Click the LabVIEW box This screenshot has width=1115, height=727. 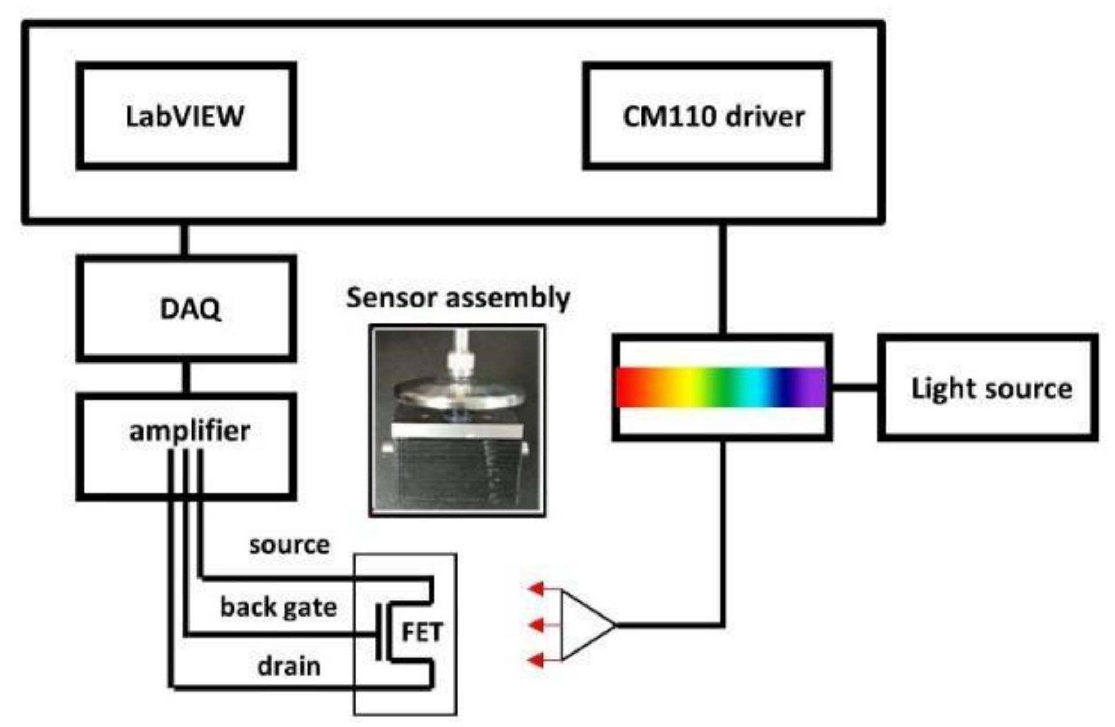(x=186, y=116)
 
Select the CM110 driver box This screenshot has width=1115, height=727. (x=706, y=116)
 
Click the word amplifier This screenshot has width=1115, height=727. (x=189, y=431)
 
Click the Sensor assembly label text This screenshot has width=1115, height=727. (x=458, y=297)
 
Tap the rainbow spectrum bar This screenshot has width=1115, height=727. (x=721, y=387)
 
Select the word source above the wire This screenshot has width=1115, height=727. (x=289, y=545)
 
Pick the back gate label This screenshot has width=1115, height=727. (x=278, y=607)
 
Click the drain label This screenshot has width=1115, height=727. (x=289, y=666)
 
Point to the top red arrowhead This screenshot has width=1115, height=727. (x=537, y=588)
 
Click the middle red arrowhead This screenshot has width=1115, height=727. (x=537, y=625)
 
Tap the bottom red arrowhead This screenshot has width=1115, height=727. (x=537, y=660)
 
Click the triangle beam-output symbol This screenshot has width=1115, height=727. (x=583, y=625)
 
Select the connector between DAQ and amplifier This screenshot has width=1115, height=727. (x=186, y=377)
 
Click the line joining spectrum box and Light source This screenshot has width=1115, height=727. (x=855, y=388)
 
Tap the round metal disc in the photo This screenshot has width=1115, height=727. (x=458, y=394)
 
